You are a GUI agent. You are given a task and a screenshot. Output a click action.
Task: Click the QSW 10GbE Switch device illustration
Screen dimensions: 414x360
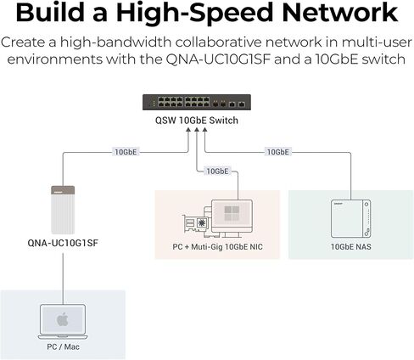coord(197,102)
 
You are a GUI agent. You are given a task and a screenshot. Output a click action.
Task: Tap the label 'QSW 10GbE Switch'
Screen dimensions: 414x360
coord(197,121)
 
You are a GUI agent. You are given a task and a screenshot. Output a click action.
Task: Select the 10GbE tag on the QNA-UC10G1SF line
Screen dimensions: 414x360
coord(126,152)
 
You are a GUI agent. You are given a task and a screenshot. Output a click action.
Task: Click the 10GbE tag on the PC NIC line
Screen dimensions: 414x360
coord(217,171)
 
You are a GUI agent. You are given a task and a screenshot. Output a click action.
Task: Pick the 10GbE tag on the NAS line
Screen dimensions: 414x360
coord(278,152)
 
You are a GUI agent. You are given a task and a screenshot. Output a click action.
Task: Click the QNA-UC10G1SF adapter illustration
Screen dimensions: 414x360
coord(63,210)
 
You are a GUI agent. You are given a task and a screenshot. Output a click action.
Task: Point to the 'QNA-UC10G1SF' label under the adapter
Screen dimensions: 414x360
coord(63,243)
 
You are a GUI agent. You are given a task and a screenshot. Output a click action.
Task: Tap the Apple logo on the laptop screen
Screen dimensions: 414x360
coord(63,319)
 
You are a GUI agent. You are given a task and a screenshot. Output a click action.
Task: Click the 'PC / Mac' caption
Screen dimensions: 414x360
coord(63,346)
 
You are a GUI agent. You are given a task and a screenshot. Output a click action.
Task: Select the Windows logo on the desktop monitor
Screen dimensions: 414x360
coord(232,213)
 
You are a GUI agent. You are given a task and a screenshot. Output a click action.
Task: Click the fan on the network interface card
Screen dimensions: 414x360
coord(202,222)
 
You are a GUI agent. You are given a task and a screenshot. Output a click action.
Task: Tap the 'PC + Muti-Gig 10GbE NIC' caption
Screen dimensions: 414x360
coord(217,246)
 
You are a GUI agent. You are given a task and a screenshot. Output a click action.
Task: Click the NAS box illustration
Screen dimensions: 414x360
coord(350,218)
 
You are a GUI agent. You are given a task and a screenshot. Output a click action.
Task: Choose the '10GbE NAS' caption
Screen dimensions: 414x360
coord(351,246)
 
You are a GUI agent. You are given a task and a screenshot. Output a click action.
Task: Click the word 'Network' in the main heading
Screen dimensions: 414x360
coord(340,13)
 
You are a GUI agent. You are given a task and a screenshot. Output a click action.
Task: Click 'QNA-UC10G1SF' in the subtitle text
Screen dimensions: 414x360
coord(218,59)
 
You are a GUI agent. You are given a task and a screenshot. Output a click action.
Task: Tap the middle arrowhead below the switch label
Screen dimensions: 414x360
coord(197,130)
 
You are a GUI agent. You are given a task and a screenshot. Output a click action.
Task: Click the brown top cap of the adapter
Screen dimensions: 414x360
coord(63,190)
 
